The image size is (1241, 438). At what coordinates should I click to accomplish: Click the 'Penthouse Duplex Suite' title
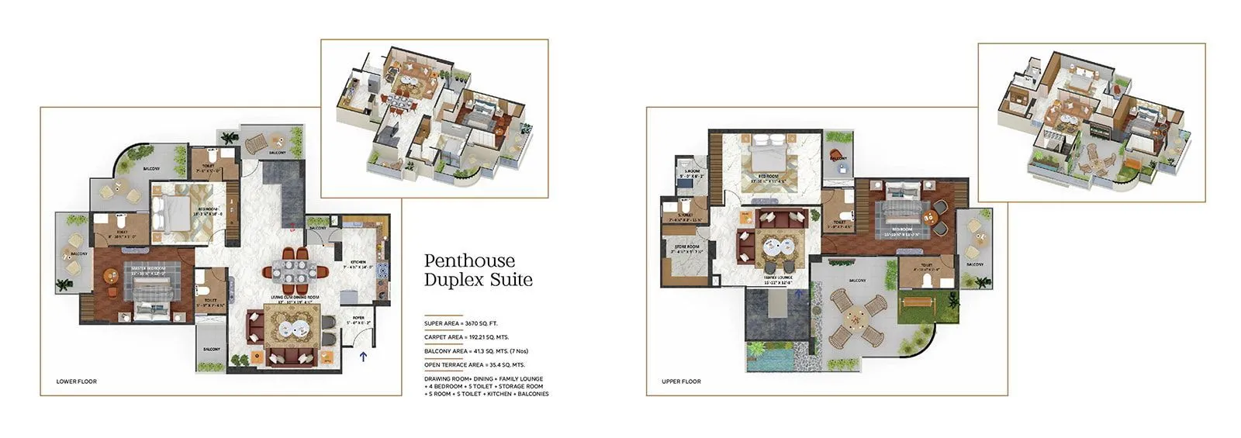(478, 270)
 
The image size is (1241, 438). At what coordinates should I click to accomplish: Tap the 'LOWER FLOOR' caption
(76, 381)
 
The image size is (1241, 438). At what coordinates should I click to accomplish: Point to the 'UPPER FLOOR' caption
(681, 381)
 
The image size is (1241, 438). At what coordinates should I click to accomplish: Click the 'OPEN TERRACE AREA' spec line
(474, 364)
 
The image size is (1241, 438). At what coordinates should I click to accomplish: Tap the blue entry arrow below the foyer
(363, 357)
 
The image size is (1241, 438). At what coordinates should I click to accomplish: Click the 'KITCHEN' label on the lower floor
(358, 263)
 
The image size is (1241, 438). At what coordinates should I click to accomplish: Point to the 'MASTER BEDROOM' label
(138, 268)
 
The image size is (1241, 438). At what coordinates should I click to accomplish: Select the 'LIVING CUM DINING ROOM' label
(296, 298)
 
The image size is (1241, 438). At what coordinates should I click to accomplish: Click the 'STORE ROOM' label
(686, 247)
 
